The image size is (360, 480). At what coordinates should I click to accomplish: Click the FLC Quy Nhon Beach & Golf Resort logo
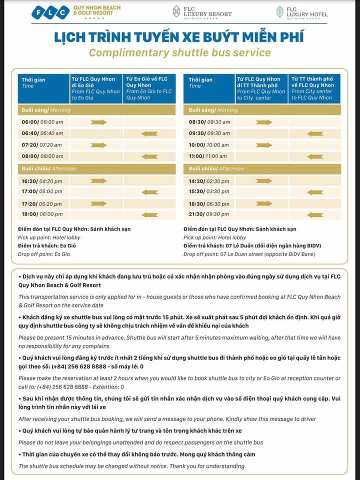72,12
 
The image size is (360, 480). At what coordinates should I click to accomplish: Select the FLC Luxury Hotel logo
302,12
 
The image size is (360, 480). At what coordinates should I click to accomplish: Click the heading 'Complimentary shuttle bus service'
179,52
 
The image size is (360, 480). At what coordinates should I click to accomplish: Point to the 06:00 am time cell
42,122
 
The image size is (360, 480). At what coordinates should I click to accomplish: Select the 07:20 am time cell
42,145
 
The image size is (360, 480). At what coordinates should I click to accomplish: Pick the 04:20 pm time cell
42,181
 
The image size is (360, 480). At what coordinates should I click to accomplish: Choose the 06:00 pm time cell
42,215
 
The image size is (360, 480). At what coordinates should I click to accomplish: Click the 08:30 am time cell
209,122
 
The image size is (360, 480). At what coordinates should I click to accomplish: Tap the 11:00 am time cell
209,156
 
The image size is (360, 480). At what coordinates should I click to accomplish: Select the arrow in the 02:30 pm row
263,181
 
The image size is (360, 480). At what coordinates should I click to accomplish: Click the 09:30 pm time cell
209,215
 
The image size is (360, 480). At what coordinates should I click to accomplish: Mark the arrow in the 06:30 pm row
263,203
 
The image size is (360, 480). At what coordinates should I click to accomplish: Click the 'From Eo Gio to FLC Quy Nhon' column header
149,88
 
